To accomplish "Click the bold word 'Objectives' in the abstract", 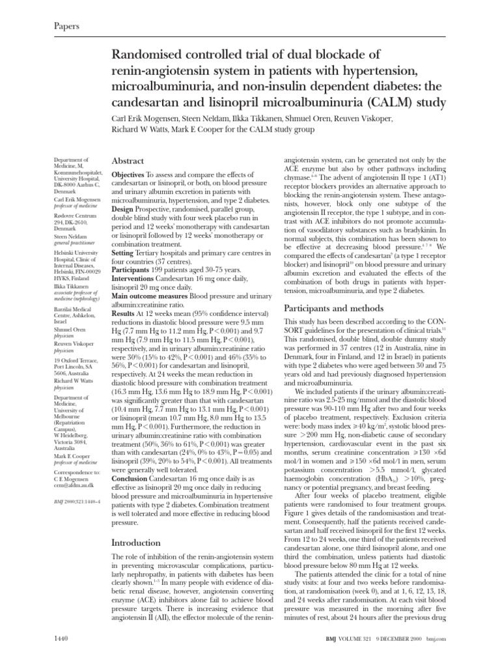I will click(133, 177).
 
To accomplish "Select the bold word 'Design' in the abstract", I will click(126, 219).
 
